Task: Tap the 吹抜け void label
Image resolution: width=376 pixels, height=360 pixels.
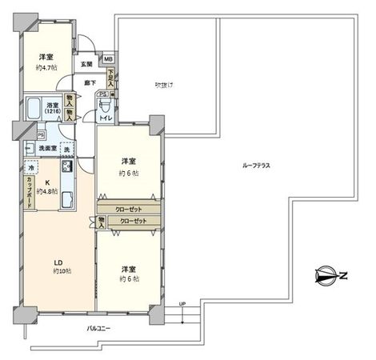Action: [165, 85]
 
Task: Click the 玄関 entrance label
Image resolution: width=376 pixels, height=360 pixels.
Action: [86, 63]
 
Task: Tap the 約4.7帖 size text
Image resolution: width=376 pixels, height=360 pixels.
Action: [46, 68]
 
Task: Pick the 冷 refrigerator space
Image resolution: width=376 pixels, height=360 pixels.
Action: [30, 169]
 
